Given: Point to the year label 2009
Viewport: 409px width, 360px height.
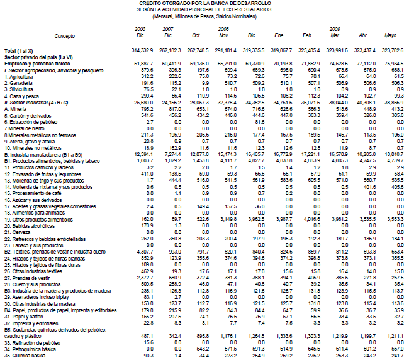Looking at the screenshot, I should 335,29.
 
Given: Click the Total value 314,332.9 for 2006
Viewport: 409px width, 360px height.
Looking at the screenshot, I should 138,49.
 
